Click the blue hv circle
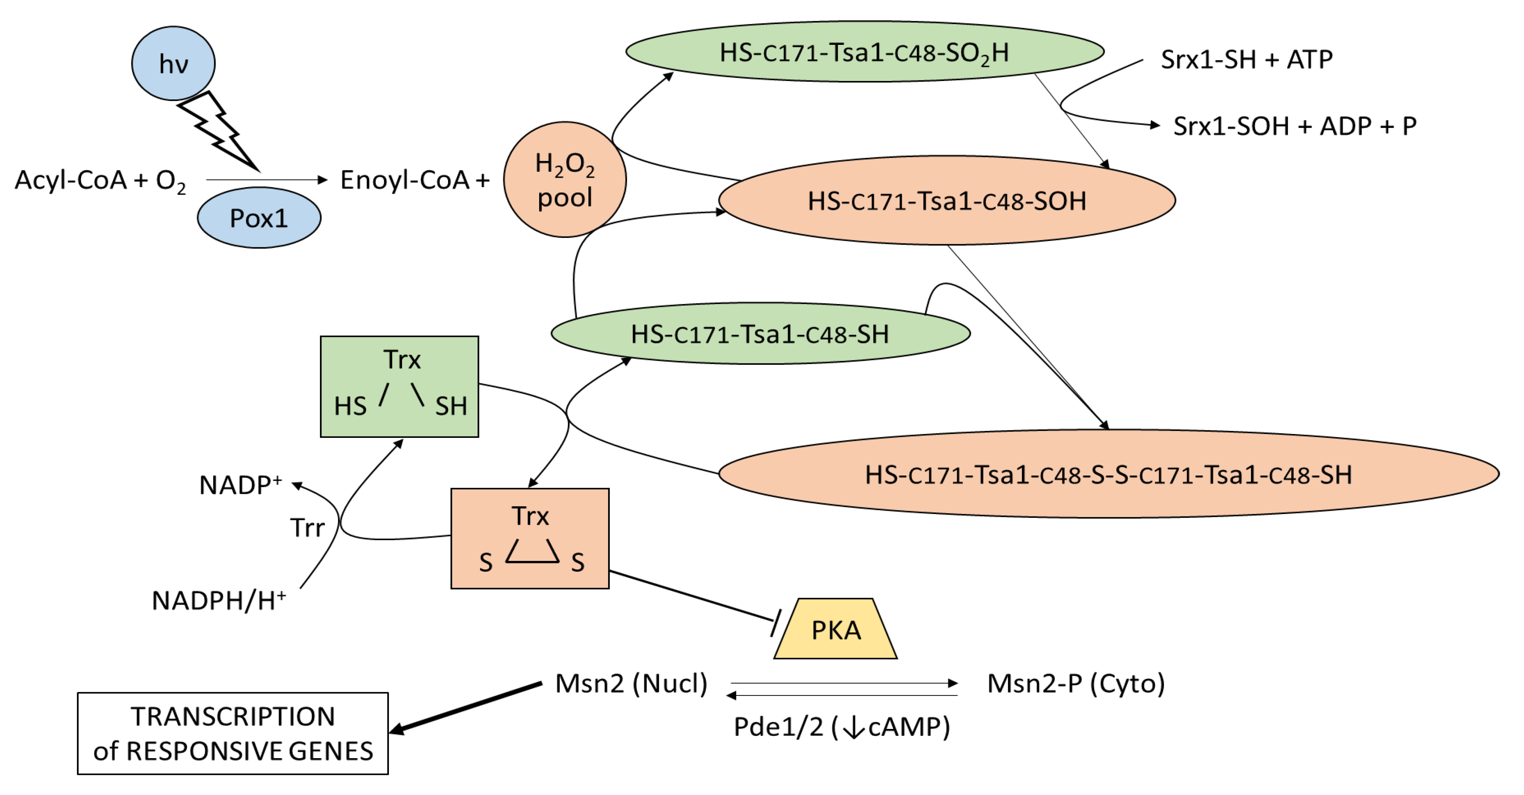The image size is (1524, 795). tap(173, 63)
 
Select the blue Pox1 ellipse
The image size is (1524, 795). tap(259, 218)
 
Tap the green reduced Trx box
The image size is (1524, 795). tap(399, 387)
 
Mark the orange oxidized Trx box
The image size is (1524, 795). tap(530, 538)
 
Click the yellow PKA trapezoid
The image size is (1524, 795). tap(835, 628)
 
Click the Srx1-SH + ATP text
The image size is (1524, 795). tap(1246, 59)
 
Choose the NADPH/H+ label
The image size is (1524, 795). tap(219, 600)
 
